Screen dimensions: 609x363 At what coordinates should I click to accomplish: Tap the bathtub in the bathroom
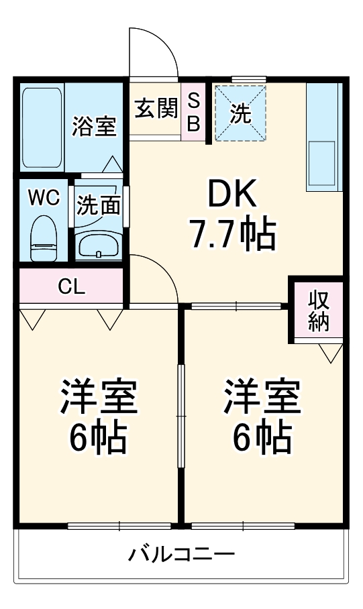[x=43, y=127]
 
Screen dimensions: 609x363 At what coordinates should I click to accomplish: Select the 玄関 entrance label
[x=156, y=109]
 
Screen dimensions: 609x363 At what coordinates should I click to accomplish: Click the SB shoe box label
[x=193, y=112]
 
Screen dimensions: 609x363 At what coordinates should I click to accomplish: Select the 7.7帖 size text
[x=232, y=233]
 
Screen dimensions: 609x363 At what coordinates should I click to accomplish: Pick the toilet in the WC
[x=45, y=237]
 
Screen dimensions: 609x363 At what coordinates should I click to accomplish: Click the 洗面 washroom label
[x=98, y=205]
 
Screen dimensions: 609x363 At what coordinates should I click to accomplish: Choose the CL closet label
[x=71, y=287]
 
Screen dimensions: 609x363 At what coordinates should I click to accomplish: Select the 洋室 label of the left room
[x=99, y=397]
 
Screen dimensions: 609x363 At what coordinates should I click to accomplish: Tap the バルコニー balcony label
[x=181, y=555]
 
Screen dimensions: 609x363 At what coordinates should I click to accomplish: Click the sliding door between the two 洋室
[x=180, y=416]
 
